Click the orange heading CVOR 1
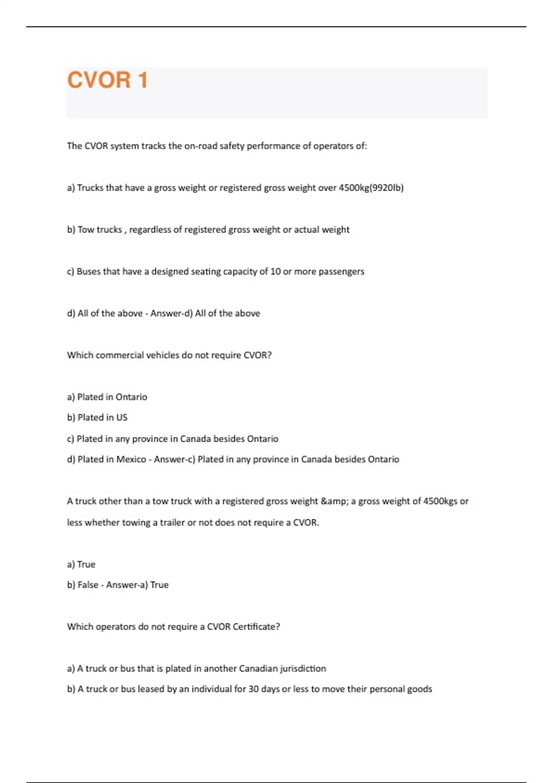click(x=107, y=80)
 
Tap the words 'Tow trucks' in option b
click(x=100, y=229)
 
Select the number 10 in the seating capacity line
click(x=275, y=271)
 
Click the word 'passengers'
click(x=341, y=271)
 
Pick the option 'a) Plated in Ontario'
click(x=107, y=397)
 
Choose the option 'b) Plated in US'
click(x=97, y=417)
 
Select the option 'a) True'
click(x=81, y=564)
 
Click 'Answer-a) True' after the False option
click(x=137, y=585)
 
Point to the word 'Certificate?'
click(x=256, y=627)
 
